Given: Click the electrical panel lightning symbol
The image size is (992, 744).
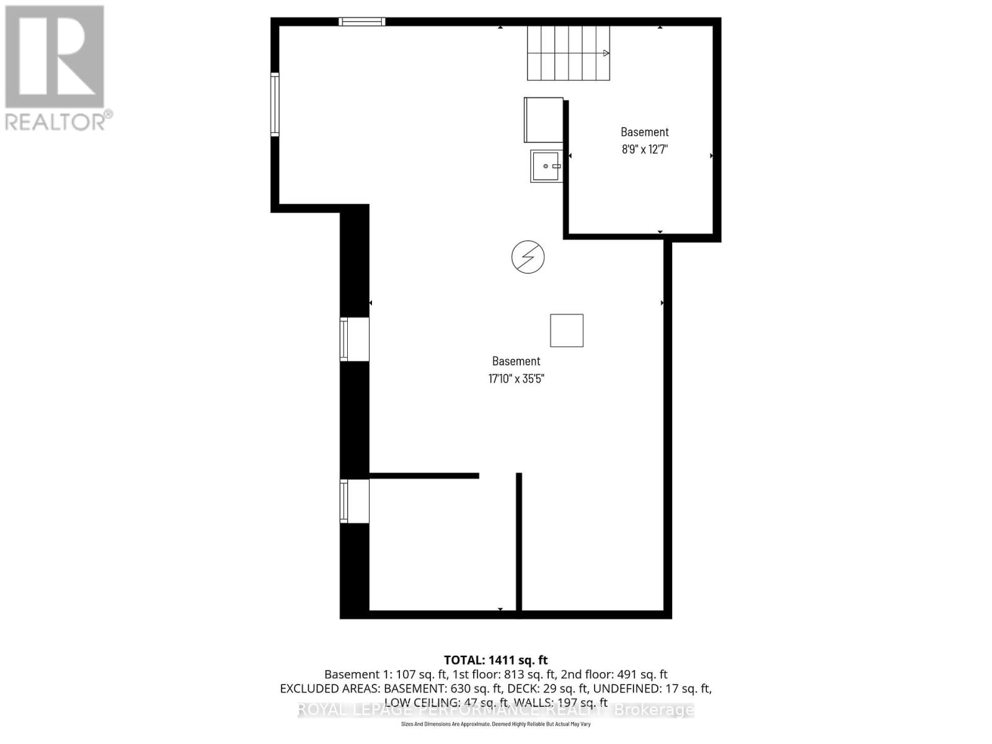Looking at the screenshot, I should tap(528, 257).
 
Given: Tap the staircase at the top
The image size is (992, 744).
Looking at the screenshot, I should tap(568, 53).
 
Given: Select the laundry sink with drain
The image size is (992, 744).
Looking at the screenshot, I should tap(546, 166).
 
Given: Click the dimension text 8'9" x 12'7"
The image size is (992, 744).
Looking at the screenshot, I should tap(645, 149).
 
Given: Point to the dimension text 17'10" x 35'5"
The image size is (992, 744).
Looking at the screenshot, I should tap(516, 379).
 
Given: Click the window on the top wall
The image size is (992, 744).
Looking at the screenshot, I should tap(362, 22).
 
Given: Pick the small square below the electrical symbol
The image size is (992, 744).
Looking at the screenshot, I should tap(567, 330).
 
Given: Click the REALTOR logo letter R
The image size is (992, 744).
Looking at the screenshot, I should tap(55, 57).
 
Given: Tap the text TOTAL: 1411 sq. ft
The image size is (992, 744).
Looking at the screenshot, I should tap(495, 660).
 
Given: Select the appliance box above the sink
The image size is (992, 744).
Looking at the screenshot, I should tap(543, 120).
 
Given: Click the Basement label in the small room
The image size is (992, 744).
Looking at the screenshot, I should tap(645, 132).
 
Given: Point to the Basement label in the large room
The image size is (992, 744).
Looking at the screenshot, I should tap(516, 361).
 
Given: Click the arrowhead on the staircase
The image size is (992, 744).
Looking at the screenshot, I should tap(606, 53).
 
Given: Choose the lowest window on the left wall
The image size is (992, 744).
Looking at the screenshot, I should tap(344, 501).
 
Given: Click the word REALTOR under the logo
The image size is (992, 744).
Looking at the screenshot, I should tap(56, 121).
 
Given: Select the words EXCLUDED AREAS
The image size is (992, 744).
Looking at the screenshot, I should tap(330, 689).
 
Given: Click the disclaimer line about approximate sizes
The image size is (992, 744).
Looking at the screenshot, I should tap(495, 724).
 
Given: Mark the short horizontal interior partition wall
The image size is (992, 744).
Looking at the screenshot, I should tap(424, 476).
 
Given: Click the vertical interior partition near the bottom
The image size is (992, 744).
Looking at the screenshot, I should tap(519, 542).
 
